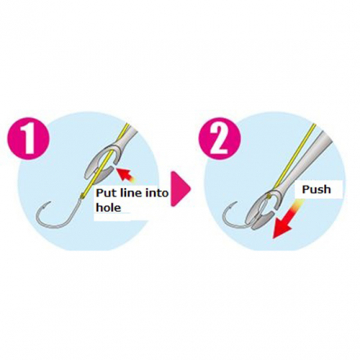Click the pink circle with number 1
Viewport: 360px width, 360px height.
29,139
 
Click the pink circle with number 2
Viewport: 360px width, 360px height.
220,139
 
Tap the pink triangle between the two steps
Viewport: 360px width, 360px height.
180,189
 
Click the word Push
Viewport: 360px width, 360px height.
316,189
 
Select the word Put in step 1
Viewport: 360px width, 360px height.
106,193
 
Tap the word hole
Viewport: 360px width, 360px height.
109,207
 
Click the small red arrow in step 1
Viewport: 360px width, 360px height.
126,175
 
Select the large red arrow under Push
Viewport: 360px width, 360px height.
286,221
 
